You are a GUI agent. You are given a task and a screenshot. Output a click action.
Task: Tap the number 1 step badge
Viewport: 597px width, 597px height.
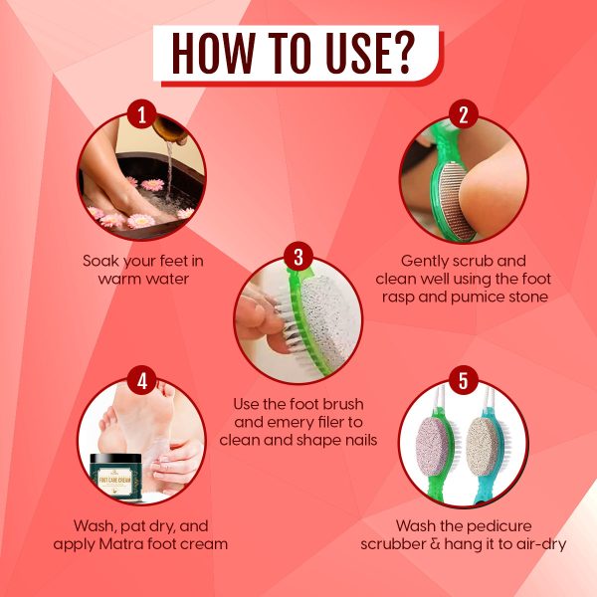(x=141, y=114)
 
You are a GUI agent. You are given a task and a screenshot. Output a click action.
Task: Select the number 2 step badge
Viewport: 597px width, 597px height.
(x=464, y=114)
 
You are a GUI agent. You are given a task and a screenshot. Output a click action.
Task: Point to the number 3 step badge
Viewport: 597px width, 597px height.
(x=298, y=257)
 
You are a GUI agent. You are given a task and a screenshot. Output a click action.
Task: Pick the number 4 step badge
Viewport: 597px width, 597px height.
(x=141, y=381)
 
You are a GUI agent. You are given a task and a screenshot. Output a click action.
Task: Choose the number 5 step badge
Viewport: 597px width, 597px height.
(x=464, y=381)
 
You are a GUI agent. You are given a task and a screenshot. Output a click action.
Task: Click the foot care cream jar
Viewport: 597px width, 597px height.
(x=115, y=476)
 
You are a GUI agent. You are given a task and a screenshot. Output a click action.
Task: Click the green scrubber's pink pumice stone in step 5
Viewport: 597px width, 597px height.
(x=433, y=446)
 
